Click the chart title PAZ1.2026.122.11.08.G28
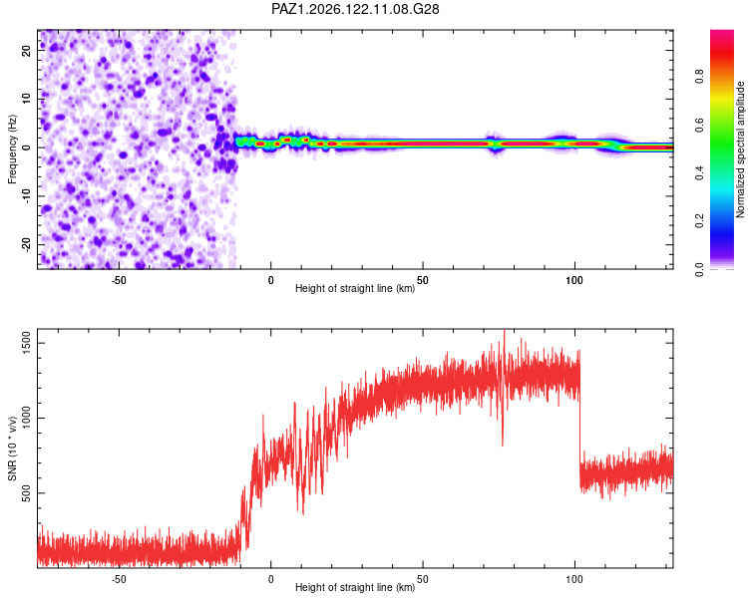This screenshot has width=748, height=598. [355, 9]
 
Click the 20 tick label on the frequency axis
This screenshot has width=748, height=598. [26, 51]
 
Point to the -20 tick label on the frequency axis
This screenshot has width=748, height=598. [26, 245]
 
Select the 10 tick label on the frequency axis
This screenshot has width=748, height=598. [26, 99]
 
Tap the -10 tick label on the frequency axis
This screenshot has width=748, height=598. [26, 196]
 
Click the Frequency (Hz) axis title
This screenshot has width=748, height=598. [12, 149]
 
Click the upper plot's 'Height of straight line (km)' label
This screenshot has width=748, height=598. [355, 288]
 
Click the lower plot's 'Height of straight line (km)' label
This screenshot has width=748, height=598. [355, 587]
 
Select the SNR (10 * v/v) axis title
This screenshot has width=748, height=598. [12, 448]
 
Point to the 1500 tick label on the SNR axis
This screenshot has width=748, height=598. [26, 343]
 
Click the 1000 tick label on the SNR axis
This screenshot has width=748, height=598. [26, 418]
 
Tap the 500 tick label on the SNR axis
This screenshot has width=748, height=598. [26, 493]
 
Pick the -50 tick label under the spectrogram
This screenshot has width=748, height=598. [119, 280]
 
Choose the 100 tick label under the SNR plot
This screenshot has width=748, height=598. [574, 579]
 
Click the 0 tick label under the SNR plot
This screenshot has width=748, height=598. [271, 579]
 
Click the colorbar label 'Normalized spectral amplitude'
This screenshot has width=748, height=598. [740, 149]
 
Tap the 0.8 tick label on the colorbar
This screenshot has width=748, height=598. [699, 77]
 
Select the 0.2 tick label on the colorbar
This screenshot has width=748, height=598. [699, 221]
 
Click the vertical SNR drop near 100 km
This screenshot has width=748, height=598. [580, 420]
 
